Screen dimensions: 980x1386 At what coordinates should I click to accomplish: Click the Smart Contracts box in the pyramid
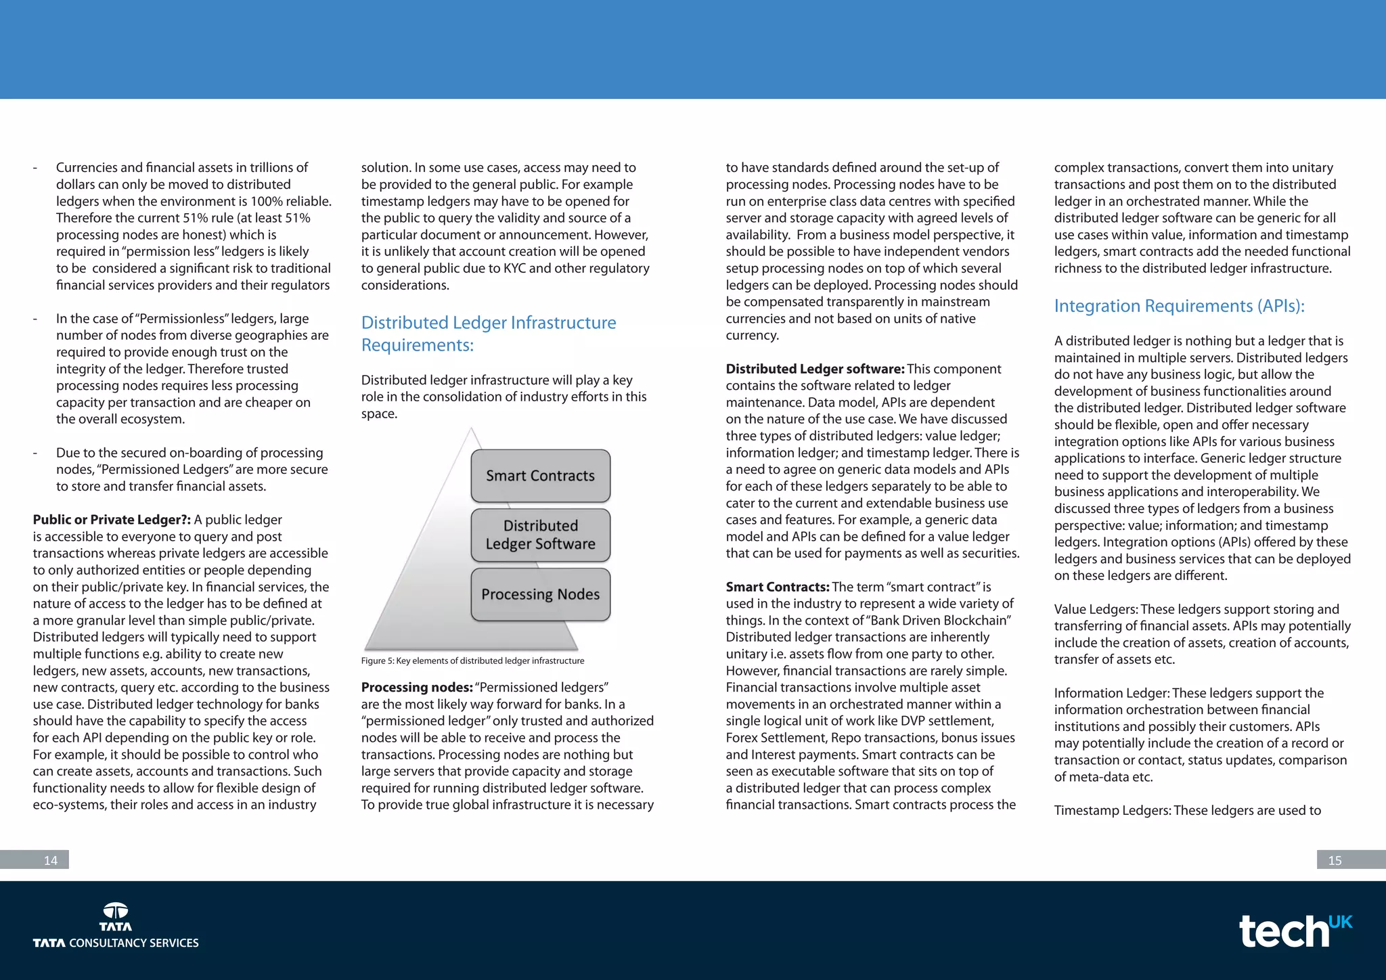[540, 476]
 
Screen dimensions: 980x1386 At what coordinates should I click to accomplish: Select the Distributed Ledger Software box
[540, 535]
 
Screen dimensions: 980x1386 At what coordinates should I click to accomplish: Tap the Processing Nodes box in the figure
[540, 594]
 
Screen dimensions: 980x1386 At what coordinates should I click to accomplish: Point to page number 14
[50, 860]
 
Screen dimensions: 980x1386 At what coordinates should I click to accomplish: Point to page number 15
[1335, 860]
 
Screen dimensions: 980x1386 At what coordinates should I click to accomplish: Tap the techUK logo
[1294, 931]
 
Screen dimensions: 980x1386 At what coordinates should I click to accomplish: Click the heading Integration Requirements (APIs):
[1179, 306]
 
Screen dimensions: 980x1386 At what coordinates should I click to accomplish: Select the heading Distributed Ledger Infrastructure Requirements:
[488, 334]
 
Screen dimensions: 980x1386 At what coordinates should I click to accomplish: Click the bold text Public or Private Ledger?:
[112, 520]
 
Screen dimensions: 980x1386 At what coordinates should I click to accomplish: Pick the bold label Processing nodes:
[416, 688]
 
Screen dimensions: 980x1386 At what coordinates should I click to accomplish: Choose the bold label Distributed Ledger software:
[814, 369]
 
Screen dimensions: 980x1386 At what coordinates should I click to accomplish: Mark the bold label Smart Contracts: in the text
[777, 587]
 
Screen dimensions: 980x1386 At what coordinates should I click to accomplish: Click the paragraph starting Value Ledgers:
[1201, 634]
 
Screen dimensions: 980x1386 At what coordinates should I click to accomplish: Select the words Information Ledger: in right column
[1111, 693]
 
